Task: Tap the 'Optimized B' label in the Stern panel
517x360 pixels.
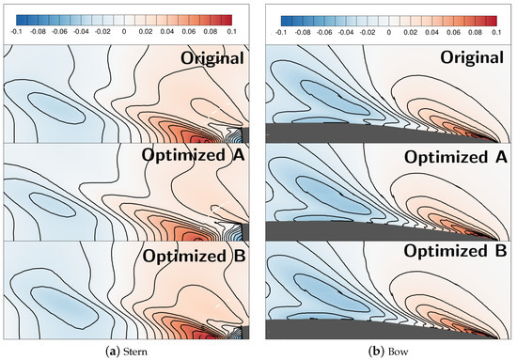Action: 196,253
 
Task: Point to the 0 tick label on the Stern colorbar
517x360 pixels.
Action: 127,31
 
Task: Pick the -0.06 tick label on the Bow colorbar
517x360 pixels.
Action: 323,31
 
